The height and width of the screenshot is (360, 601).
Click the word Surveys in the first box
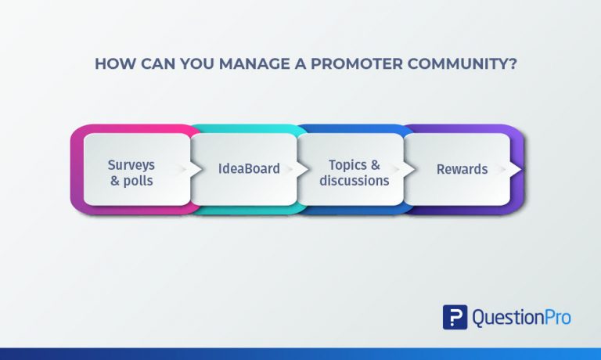pyautogui.click(x=131, y=164)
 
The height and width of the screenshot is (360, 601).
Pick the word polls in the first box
pyautogui.click(x=138, y=179)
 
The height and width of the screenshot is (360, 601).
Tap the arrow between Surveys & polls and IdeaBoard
pyautogui.click(x=185, y=169)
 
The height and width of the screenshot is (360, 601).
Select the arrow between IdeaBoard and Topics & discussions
pyautogui.click(x=292, y=169)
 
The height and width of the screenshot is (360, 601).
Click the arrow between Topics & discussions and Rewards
pyautogui.click(x=398, y=169)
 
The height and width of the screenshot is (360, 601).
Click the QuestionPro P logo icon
pyautogui.click(x=455, y=317)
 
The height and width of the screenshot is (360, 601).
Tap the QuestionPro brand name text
pyautogui.click(x=521, y=317)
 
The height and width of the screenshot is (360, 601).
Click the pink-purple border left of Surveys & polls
pyautogui.click(x=76, y=169)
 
